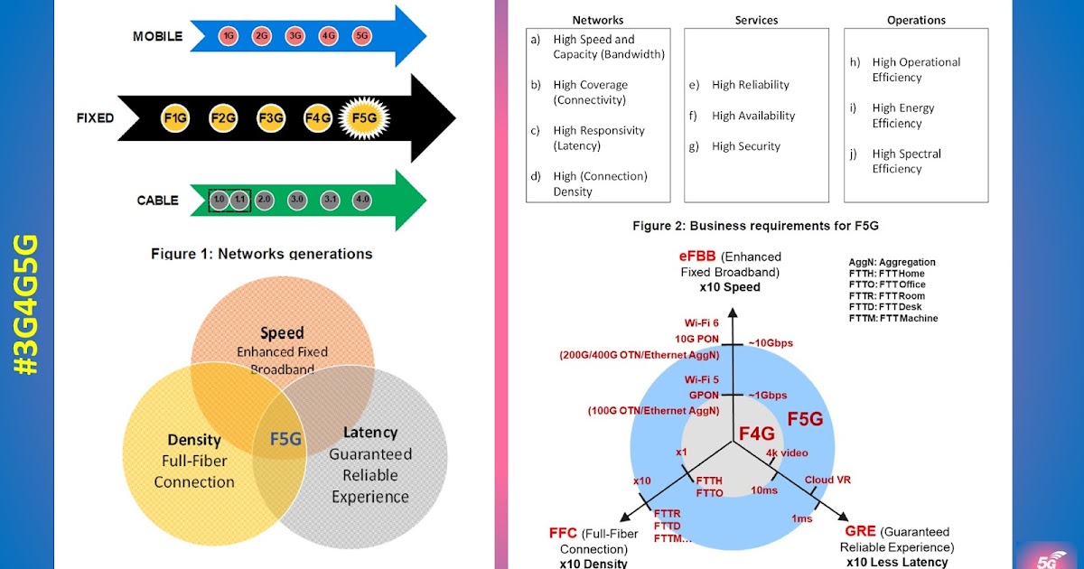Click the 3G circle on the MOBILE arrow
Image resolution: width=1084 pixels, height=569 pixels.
[294, 36]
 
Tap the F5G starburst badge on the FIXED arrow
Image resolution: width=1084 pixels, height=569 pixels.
[364, 117]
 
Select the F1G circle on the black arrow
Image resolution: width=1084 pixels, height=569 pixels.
[174, 117]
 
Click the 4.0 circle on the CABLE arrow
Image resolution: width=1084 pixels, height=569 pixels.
[362, 200]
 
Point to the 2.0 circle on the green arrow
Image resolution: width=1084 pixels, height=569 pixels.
[265, 200]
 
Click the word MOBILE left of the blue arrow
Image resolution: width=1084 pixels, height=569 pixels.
[157, 36]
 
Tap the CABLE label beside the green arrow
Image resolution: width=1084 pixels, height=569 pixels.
[157, 201]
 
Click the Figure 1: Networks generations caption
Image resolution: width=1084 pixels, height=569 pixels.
[261, 254]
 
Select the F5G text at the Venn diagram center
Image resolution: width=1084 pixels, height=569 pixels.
[285, 439]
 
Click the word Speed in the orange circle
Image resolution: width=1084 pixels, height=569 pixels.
[282, 333]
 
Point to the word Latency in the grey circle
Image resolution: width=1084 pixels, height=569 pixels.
[369, 433]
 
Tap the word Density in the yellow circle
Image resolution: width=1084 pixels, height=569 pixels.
[194, 440]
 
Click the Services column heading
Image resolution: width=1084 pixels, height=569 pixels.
[756, 19]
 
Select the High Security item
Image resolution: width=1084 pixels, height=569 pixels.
[745, 146]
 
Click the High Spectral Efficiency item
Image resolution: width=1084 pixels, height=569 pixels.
[906, 162]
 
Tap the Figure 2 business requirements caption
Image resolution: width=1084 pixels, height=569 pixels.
[755, 226]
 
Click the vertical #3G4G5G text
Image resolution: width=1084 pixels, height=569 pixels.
[27, 305]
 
